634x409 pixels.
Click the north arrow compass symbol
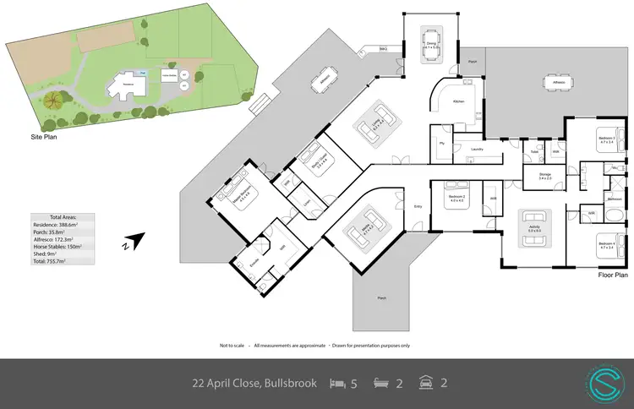click(132, 243)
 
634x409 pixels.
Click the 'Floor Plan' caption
click(611, 275)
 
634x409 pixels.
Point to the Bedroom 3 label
click(607, 138)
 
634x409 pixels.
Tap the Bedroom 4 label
click(607, 244)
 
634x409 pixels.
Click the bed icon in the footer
click(337, 383)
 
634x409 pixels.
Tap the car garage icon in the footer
click(424, 383)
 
